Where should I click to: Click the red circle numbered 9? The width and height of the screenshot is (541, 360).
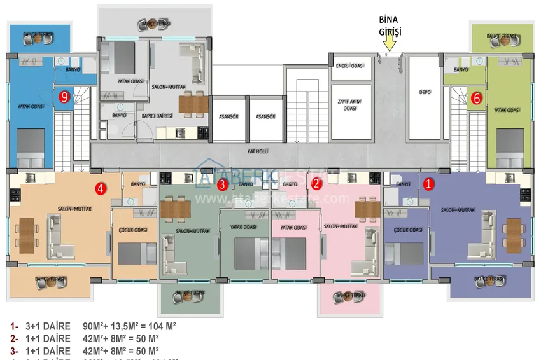pyautogui.click(x=64, y=97)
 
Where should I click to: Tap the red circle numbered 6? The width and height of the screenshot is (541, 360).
pyautogui.click(x=475, y=99)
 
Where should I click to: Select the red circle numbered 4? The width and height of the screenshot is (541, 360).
pyautogui.click(x=100, y=188)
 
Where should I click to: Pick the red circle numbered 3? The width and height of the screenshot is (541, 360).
pyautogui.click(x=222, y=185)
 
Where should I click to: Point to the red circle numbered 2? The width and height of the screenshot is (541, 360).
pyautogui.click(x=317, y=184)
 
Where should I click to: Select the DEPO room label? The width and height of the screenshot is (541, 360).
pyautogui.click(x=425, y=92)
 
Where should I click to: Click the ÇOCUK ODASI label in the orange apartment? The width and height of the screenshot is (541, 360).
pyautogui.click(x=133, y=230)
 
